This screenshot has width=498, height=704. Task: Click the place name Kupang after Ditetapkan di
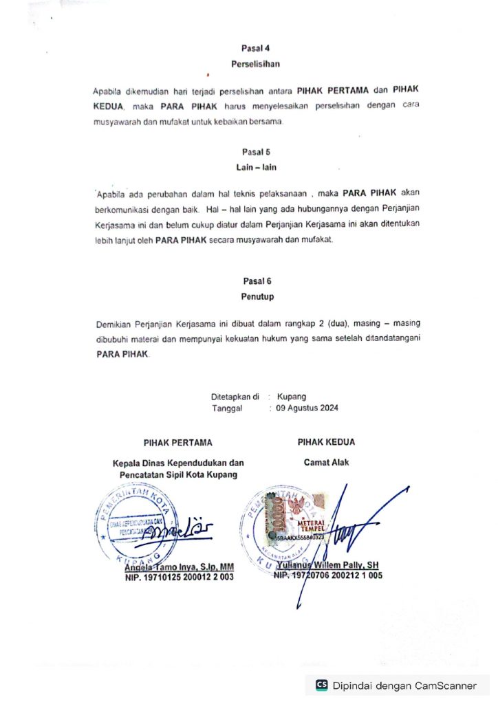(292, 397)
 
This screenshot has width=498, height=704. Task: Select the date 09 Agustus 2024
(307, 408)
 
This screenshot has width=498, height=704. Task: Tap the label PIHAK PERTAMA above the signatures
(177, 443)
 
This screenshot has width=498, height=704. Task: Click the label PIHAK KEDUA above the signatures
(326, 442)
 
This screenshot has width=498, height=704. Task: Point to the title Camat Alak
(326, 463)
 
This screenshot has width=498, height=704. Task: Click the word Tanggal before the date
(226, 408)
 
